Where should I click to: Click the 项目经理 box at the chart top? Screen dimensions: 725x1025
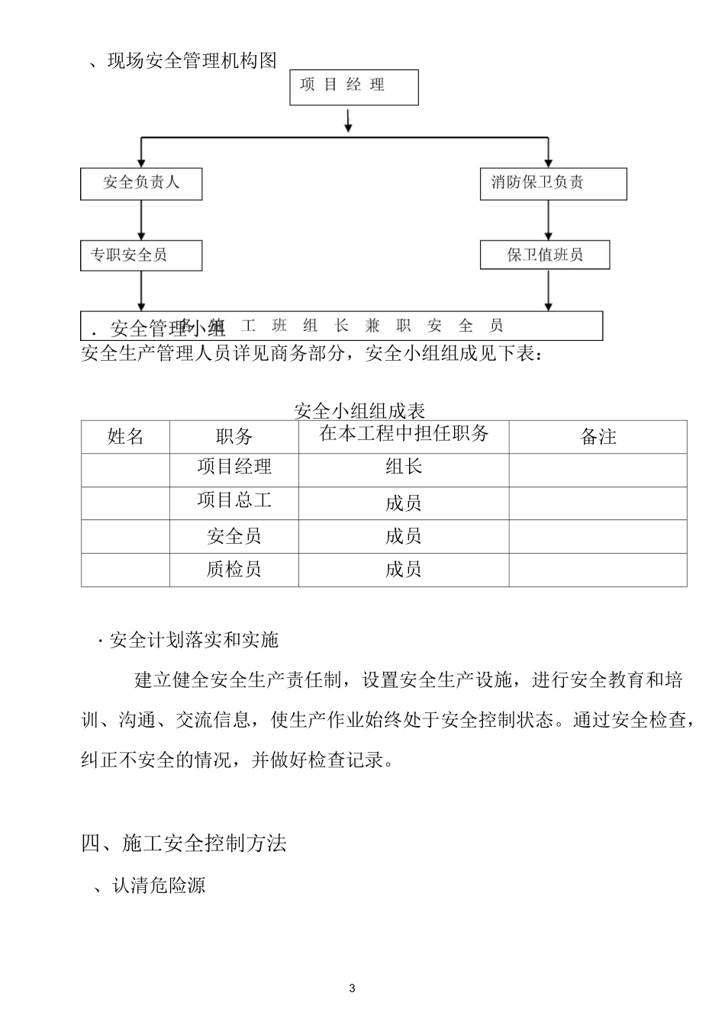[x=353, y=87]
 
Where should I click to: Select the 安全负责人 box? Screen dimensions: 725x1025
[x=141, y=184]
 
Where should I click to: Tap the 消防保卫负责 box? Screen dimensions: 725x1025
[x=553, y=184]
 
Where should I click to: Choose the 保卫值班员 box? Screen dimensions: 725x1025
[x=544, y=255]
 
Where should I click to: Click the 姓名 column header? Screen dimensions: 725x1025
[x=125, y=437]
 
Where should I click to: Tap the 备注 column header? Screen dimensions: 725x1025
[x=598, y=437]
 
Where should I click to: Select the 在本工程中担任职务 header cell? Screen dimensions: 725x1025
[x=403, y=434]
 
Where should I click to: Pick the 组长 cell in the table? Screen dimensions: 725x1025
[x=403, y=467]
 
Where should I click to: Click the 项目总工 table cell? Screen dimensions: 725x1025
[x=234, y=501]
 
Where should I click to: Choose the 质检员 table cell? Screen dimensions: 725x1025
[x=234, y=569]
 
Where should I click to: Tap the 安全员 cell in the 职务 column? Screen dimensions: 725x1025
[x=234, y=536]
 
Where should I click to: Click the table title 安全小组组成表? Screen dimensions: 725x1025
[x=359, y=412]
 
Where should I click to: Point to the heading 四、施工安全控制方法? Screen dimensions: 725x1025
[x=184, y=843]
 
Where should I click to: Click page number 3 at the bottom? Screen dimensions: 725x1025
[x=352, y=989]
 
